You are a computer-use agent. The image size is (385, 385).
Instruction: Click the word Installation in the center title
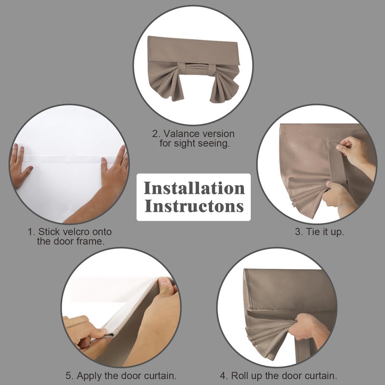click(194, 188)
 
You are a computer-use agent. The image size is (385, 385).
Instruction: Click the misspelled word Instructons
click(194, 206)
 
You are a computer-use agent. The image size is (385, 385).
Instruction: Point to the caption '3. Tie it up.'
click(319, 232)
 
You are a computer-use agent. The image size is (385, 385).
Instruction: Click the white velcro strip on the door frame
click(69, 159)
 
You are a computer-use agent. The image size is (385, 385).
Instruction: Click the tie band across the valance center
click(196, 69)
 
